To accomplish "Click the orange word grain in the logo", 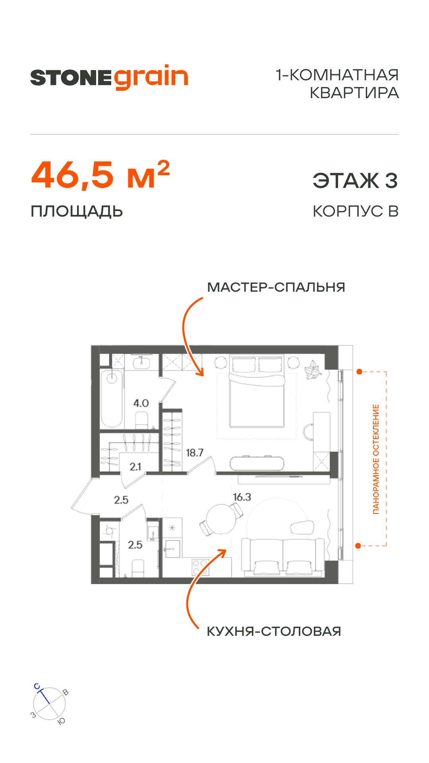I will click(x=151, y=77).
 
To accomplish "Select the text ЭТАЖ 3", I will click(x=355, y=181).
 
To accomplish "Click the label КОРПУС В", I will click(x=356, y=211).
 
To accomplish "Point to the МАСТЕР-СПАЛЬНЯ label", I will click(x=276, y=287).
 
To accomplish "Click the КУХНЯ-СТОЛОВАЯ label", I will click(x=274, y=631).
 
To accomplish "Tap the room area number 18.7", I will click(x=195, y=453).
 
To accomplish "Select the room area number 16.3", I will click(x=242, y=497).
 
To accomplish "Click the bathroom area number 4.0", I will click(x=141, y=403).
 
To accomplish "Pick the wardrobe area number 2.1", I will click(x=135, y=467).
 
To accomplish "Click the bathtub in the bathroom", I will click(x=112, y=399).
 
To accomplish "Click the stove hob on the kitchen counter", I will click(x=200, y=567).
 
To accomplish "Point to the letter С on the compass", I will click(x=37, y=686).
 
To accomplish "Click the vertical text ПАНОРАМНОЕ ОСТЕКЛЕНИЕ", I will click(x=376, y=459).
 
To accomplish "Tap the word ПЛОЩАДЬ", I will click(x=77, y=211).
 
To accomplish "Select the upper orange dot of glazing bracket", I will click(x=359, y=372).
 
